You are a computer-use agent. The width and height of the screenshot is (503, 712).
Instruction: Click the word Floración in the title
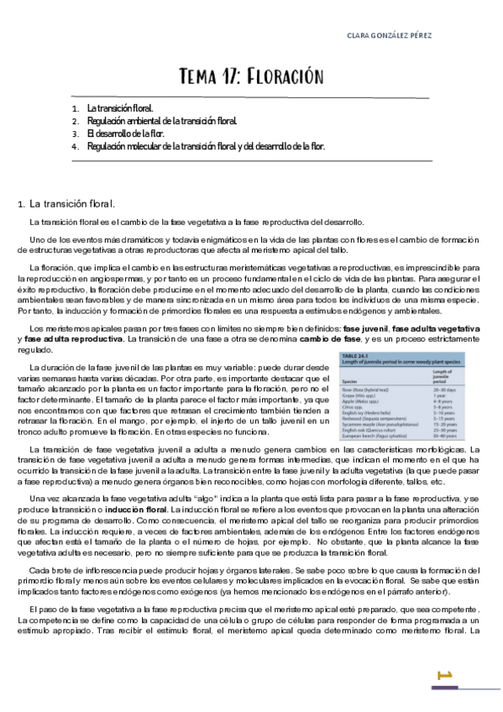pos(285,77)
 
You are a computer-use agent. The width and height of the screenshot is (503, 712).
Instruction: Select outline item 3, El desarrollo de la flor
pos(125,133)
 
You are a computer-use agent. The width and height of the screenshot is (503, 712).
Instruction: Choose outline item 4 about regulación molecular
pos(205,145)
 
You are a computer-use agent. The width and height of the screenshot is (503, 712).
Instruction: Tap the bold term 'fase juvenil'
pos(365,326)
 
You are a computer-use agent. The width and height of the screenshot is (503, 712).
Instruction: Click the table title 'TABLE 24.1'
pos(355,357)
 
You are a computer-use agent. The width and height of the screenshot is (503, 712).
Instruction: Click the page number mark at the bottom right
pos(445,673)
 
